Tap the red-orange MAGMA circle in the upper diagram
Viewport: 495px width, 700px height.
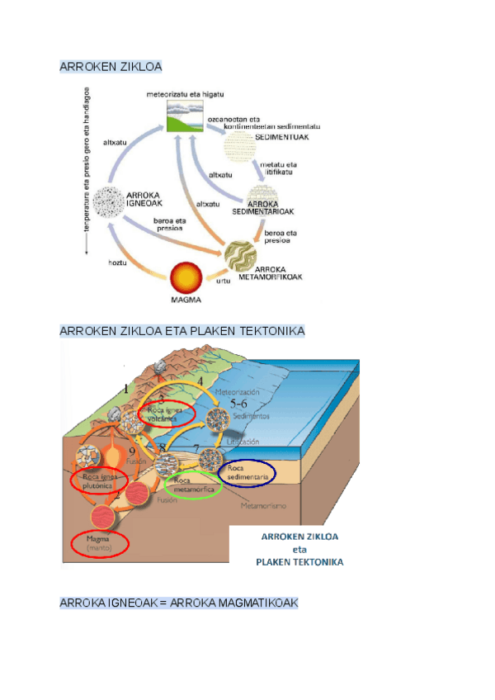pos(185,276)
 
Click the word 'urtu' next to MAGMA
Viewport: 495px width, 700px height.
pos(222,281)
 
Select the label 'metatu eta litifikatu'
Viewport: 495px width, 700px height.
pos(278,169)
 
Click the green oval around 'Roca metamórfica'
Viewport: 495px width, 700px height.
pos(194,485)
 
